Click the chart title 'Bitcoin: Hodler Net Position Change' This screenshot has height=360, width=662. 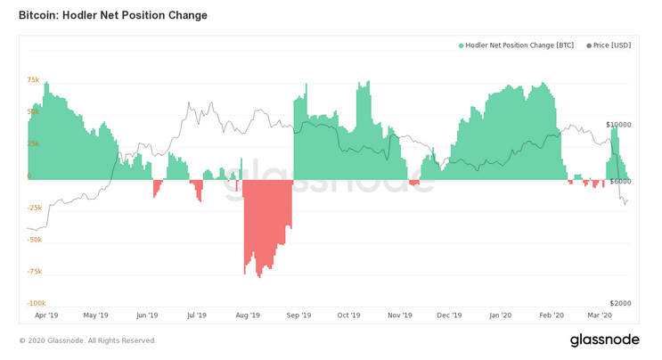click(112, 15)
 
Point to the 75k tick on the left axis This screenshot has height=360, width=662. click(33, 80)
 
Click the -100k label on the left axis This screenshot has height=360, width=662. click(34, 304)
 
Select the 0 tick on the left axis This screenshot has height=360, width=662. click(29, 176)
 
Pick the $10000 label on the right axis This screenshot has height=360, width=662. click(618, 125)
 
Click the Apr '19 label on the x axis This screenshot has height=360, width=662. click(46, 315)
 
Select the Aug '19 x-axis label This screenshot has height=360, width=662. click(248, 315)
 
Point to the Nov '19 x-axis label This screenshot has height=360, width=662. click(400, 315)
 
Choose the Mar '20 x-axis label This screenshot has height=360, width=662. click(600, 315)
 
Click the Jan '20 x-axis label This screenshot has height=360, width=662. click(501, 315)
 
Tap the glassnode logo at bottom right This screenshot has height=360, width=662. click(605, 340)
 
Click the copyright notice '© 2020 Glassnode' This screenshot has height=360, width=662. click(87, 340)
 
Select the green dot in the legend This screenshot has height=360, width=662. click(462, 45)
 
